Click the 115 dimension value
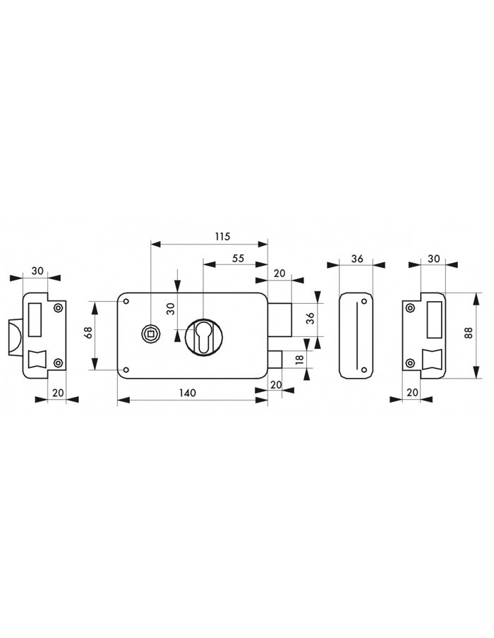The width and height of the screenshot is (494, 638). point(222,237)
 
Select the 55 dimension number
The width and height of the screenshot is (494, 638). point(238,259)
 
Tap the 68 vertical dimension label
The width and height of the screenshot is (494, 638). point(88,332)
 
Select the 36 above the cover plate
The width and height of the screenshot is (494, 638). point(357,259)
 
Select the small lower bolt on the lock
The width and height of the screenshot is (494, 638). point(275,359)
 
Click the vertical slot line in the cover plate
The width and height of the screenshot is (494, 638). point(359,336)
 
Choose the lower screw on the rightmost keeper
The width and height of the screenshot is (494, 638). point(410,364)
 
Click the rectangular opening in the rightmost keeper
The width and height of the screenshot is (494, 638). point(435,317)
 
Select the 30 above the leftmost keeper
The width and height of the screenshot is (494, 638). point(37,271)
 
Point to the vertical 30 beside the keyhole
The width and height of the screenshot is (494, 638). point(170,307)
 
